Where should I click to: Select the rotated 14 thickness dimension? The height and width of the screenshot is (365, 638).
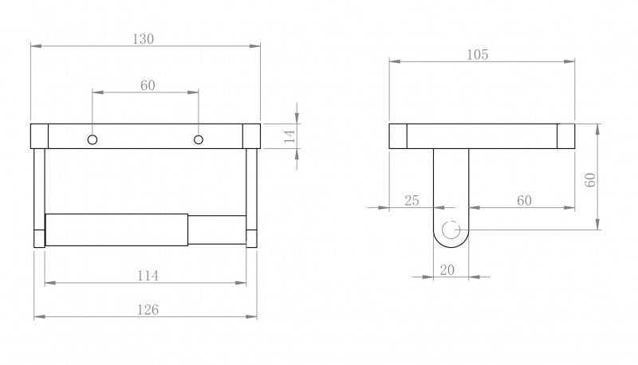[289, 135]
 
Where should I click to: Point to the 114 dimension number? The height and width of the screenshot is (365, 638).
[148, 276]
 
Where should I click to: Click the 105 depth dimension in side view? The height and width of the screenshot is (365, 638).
[478, 54]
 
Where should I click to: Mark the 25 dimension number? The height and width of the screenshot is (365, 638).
[412, 201]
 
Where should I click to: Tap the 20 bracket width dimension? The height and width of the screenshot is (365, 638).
[447, 270]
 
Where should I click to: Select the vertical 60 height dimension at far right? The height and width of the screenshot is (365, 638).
[591, 179]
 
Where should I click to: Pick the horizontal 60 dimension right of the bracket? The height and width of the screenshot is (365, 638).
[524, 201]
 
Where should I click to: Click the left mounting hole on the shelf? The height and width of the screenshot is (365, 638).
[93, 140]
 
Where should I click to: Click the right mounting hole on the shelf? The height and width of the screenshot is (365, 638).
[199, 140]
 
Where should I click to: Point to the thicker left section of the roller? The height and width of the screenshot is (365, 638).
[116, 230]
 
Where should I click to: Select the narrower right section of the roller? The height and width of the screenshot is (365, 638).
[216, 230]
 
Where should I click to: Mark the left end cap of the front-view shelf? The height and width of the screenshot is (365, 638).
[39, 135]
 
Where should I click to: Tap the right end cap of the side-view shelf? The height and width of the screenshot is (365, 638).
[566, 135]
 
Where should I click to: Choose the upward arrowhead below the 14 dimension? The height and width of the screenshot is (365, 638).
[297, 156]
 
